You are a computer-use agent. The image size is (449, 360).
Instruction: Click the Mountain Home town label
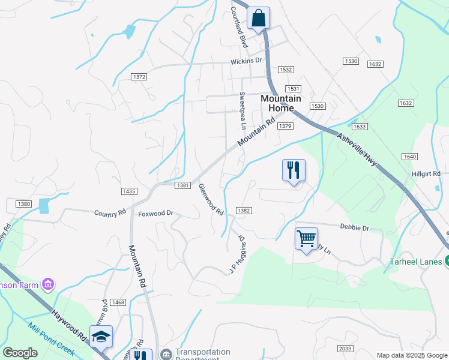tap(277, 103)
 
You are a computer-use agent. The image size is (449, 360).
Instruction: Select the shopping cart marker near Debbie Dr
tap(306, 239)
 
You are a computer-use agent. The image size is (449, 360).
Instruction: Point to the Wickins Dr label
tap(247, 61)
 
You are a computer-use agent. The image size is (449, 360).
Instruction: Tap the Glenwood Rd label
tap(211, 200)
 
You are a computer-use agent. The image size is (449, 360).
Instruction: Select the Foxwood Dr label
tap(155, 213)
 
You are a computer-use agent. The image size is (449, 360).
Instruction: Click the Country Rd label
tap(110, 212)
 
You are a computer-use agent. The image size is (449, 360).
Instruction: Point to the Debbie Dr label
tap(354, 228)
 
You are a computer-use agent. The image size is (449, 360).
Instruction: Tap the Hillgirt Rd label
tap(426, 173)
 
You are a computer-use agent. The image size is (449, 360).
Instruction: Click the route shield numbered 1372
tap(139, 76)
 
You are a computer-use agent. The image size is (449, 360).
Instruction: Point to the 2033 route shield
tap(345, 349)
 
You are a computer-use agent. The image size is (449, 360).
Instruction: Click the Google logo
tap(20, 353)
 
